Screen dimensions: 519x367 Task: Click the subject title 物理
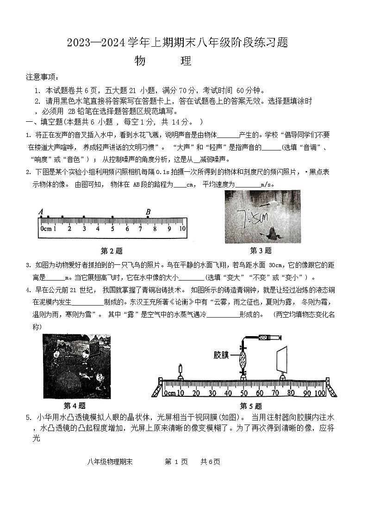click(162, 61)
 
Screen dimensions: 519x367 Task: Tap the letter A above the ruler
click(41, 213)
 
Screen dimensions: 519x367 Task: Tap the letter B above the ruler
click(148, 213)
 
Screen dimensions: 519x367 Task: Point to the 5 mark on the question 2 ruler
click(112, 229)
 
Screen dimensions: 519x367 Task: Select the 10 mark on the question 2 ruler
click(182, 229)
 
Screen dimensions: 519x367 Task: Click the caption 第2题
click(112, 251)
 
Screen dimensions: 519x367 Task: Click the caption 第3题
click(261, 250)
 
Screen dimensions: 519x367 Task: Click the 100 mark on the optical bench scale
click(320, 394)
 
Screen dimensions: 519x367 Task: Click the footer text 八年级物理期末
click(109, 462)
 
